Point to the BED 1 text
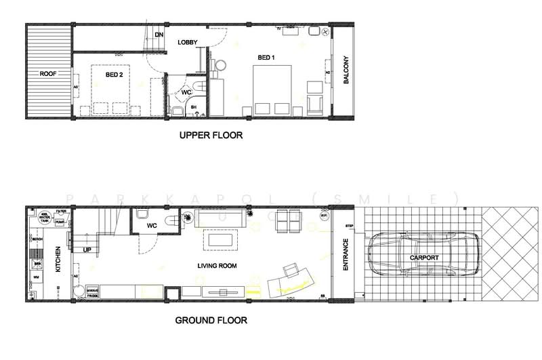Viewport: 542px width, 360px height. pyautogui.click(x=268, y=57)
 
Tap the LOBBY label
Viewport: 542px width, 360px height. pyautogui.click(x=187, y=43)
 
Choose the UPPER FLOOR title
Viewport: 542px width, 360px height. pyautogui.click(x=211, y=136)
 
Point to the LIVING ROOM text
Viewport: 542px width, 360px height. pyautogui.click(x=217, y=266)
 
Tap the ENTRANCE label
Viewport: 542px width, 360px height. pyautogui.click(x=346, y=255)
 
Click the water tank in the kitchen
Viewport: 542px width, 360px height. pyautogui.click(x=44, y=218)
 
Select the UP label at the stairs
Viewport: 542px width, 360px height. pyautogui.click(x=87, y=250)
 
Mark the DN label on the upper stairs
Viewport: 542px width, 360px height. pyautogui.click(x=159, y=35)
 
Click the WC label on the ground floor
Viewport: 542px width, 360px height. pyautogui.click(x=152, y=224)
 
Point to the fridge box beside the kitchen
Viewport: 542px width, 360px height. pyautogui.click(x=91, y=293)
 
